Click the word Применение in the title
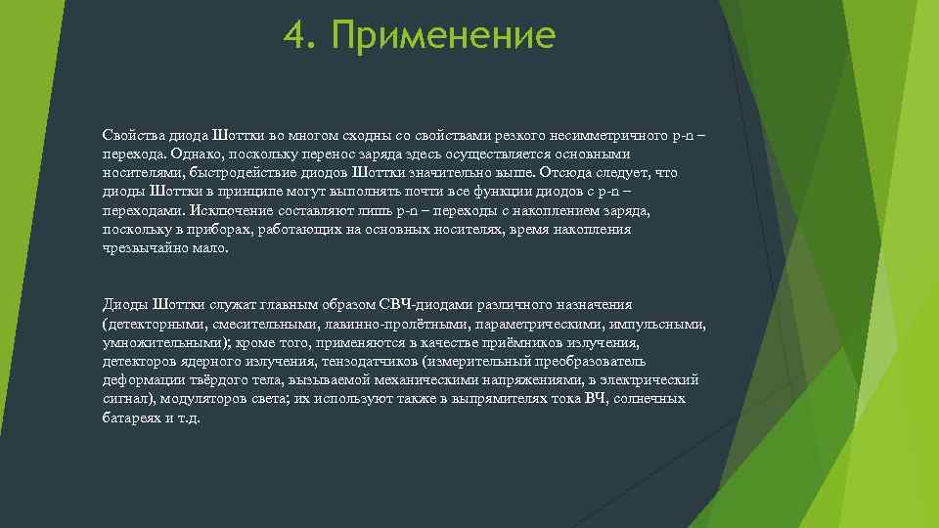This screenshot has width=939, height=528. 443,37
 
